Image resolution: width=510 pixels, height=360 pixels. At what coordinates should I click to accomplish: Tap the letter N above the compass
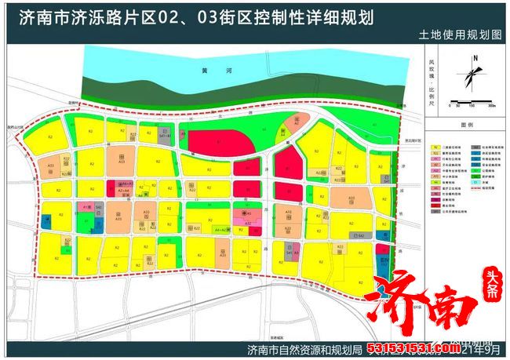[475, 59]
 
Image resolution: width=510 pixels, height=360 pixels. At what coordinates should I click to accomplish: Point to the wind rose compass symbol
[474, 75]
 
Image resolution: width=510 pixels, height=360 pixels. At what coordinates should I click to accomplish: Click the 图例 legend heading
[468, 125]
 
